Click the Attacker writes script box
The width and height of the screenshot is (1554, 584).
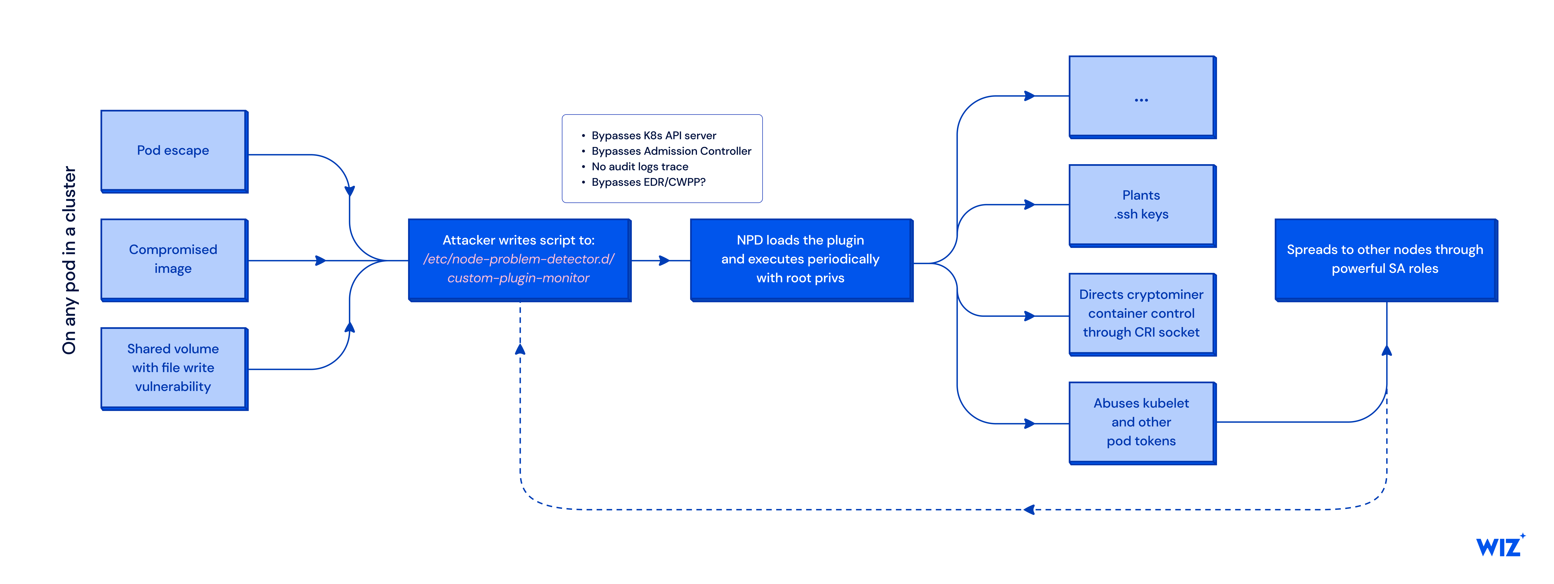click(x=519, y=260)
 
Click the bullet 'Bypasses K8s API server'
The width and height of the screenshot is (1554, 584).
click(x=654, y=136)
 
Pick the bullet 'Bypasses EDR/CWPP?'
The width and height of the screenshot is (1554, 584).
click(x=648, y=182)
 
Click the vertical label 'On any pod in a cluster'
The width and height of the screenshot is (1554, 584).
click(x=70, y=260)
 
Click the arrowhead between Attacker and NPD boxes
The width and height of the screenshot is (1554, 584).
click(x=664, y=260)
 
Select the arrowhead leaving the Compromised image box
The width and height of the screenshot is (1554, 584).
click(x=320, y=260)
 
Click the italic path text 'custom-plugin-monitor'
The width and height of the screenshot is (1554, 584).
click(x=518, y=278)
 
